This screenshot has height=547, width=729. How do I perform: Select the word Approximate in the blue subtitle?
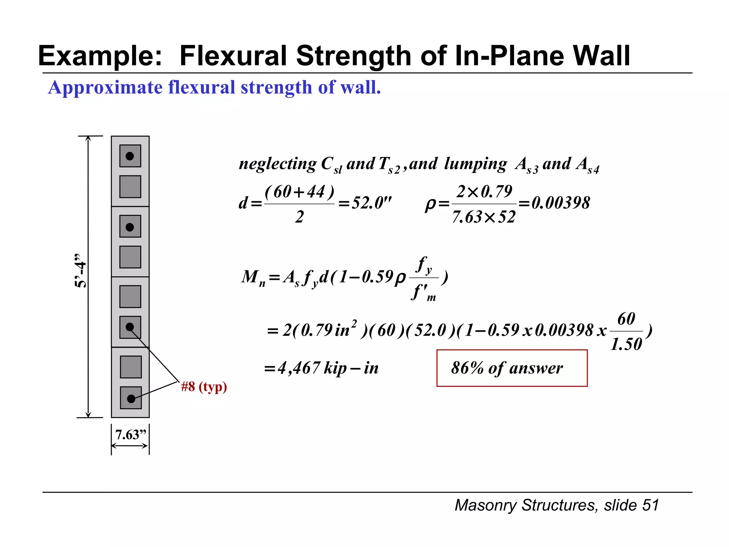coord(105,87)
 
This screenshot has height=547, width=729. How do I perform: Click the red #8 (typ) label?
coord(204,387)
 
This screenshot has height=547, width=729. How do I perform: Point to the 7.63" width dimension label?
coord(130,435)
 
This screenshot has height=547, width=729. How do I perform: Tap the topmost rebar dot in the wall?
coord(130,156)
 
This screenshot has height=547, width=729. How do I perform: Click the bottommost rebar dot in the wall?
coord(131,398)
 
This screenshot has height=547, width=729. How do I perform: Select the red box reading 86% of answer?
coord(512,368)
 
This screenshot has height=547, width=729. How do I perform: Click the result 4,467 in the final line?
coord(299,368)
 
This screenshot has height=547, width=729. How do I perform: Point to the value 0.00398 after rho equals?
coord(560,203)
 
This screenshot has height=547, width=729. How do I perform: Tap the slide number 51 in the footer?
coord(650,505)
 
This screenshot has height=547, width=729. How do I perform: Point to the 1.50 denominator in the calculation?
coord(626,344)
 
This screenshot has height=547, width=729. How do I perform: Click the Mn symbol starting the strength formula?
coord(253,277)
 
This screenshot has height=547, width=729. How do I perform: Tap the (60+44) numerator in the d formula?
coord(299,192)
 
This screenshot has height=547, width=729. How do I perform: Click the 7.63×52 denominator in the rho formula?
coord(484,217)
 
